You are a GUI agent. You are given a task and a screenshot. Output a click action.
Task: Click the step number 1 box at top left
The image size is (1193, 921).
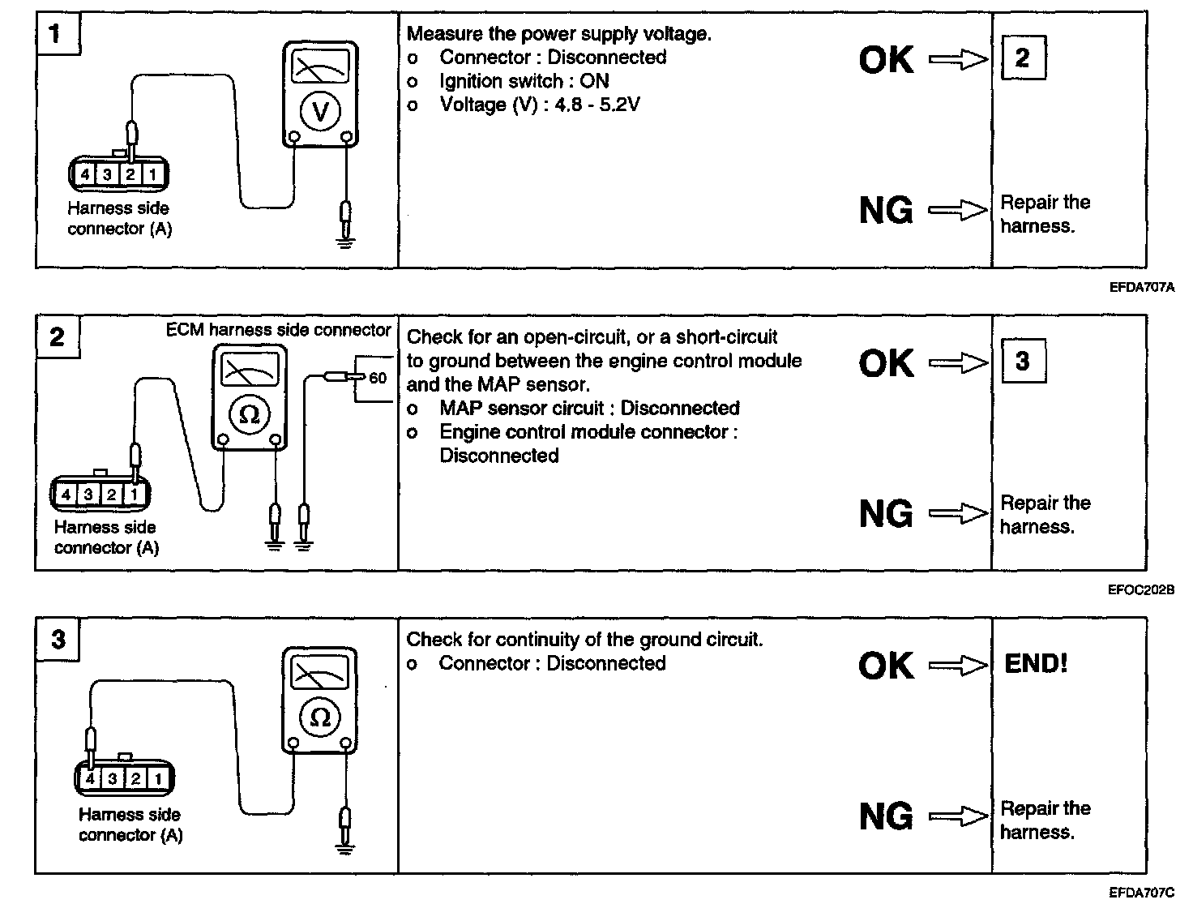56,35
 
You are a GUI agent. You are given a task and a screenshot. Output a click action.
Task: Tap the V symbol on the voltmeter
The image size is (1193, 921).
320,111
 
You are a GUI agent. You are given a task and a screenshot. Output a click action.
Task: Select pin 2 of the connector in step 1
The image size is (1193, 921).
129,173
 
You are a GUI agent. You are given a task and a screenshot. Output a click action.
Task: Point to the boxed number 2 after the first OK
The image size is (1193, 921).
1023,58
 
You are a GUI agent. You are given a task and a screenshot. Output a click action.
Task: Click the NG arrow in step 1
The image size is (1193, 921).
958,211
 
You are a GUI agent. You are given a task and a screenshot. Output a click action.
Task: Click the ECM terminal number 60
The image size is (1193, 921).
378,378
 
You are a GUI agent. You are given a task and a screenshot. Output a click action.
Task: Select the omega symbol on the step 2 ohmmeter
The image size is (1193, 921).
250,414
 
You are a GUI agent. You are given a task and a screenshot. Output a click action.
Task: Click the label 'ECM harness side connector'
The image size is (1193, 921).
279,330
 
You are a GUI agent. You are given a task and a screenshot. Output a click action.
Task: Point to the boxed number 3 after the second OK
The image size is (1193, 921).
1023,361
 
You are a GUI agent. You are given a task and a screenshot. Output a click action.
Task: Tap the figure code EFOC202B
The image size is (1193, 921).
1140,590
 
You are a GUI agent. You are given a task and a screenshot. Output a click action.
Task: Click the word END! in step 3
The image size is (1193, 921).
1036,664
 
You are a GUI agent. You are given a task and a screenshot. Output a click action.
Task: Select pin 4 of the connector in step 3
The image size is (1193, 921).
90,779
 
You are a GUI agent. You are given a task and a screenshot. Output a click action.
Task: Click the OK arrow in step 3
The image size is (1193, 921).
958,666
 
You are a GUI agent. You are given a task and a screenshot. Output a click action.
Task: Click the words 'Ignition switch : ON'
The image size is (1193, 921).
524,81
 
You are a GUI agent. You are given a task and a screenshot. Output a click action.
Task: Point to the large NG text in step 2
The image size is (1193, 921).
886,514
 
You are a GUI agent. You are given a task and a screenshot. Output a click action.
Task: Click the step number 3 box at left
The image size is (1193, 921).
58,640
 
